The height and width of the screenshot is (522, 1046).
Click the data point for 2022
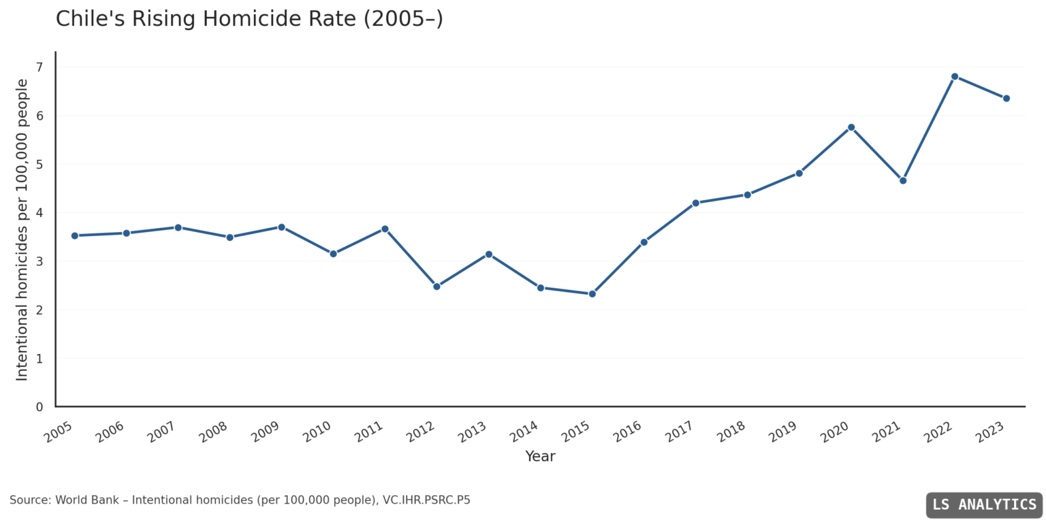954,76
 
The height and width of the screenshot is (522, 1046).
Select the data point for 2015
592,294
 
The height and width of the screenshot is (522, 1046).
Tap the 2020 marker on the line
851,127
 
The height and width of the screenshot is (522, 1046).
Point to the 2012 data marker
437,287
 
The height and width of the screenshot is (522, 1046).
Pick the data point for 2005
75,235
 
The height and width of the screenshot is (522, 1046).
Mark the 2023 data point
1006,98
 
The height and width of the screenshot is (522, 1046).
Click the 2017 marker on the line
695,203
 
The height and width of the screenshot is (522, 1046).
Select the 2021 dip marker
902,180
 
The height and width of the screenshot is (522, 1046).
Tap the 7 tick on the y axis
39,67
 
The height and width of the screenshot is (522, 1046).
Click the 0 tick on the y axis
39,407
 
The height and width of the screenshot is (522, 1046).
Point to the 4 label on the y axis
39,213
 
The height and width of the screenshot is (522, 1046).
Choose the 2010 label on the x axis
317,431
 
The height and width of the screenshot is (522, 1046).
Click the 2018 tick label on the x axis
731,431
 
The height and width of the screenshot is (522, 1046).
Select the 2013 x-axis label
472,431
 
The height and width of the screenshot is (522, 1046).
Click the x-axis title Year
540,457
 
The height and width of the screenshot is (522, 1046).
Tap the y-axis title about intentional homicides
22,229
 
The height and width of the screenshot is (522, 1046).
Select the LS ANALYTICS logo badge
984,505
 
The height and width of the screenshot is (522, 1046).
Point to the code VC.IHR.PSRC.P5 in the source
426,500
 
